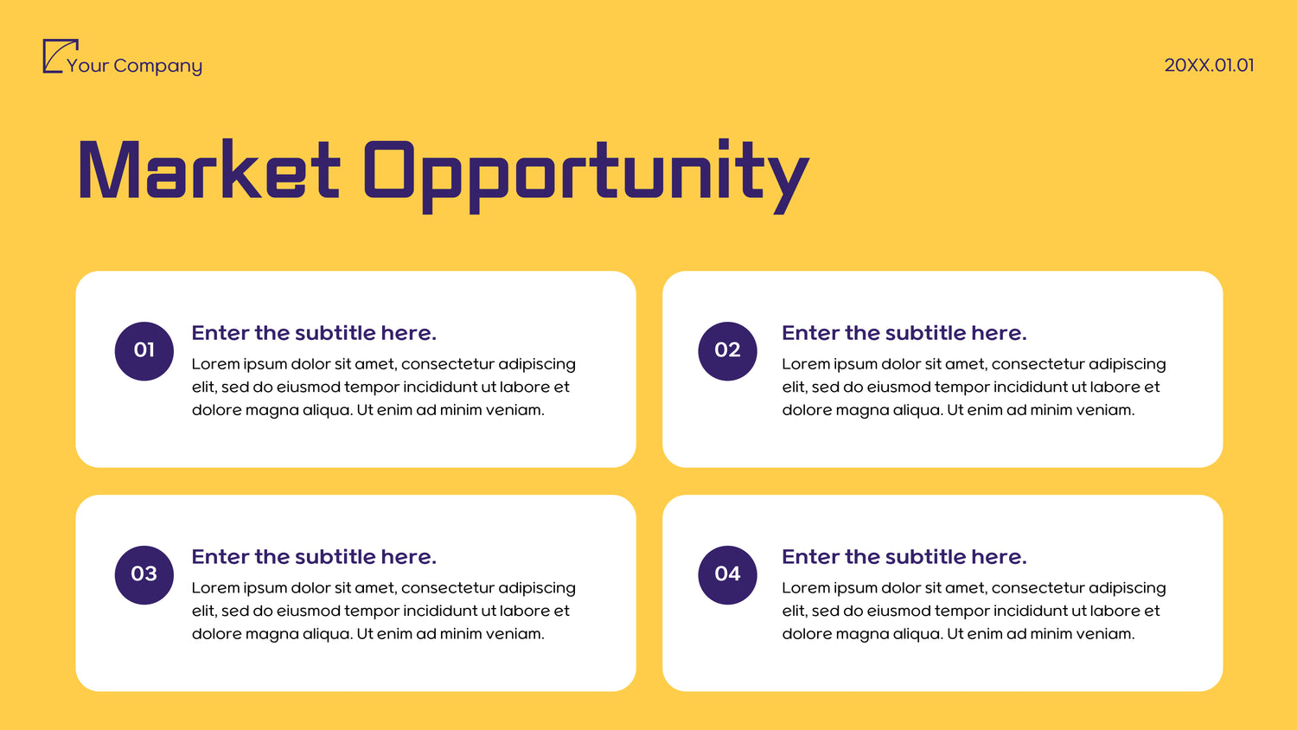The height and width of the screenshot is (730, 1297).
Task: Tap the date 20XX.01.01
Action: [1209, 65]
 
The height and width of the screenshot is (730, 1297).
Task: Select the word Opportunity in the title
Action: [586, 176]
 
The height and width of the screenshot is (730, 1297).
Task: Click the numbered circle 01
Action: [144, 351]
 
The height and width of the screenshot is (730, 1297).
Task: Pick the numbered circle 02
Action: [727, 351]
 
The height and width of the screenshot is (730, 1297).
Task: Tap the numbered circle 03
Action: [144, 574]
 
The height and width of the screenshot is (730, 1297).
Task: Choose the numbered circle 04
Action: [727, 574]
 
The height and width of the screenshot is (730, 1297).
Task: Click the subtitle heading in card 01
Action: [314, 332]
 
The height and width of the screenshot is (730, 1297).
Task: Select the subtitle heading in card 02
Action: [904, 332]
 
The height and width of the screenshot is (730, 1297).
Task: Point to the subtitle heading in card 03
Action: [314, 556]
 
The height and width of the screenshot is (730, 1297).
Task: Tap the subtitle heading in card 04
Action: [904, 556]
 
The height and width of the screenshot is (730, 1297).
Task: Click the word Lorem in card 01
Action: [214, 364]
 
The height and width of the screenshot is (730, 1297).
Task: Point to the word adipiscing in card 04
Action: [1127, 588]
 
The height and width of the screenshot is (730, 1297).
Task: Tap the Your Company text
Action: [134, 66]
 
